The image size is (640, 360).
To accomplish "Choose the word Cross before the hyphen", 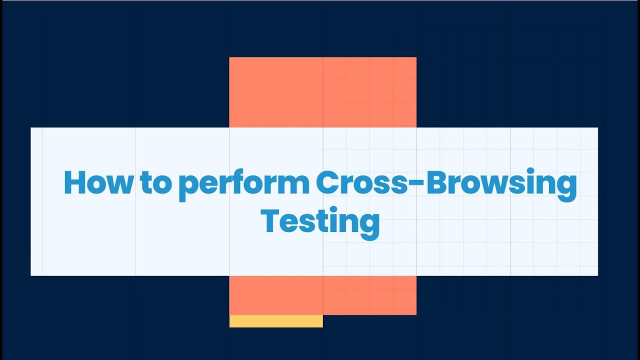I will click(364, 183).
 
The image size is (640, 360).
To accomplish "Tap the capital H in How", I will click(74, 183).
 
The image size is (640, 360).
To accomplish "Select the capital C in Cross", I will click(327, 183).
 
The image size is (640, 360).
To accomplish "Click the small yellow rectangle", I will click(276, 321).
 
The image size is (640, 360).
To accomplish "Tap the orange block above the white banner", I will click(322, 92).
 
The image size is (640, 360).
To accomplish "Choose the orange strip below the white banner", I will click(322, 295).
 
